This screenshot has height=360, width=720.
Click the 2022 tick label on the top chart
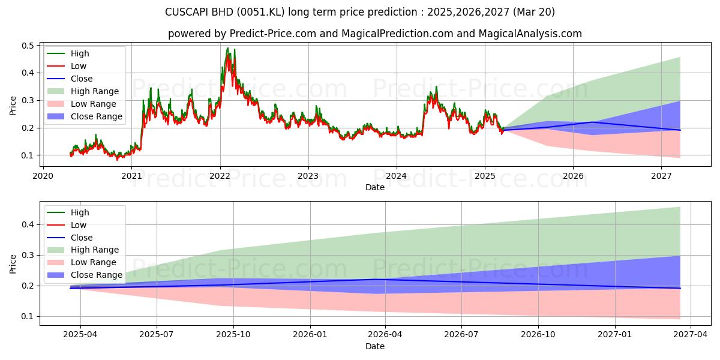click(x=220, y=176)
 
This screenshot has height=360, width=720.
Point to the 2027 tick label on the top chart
click(x=661, y=176)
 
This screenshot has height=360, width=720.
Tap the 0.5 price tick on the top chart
click(x=28, y=46)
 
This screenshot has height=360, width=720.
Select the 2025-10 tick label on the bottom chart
click(x=233, y=334)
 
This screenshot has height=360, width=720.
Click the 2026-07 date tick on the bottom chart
click(x=461, y=334)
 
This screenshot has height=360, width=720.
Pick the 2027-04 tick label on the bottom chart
click(x=691, y=334)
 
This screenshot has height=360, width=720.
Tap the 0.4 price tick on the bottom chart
click(x=28, y=224)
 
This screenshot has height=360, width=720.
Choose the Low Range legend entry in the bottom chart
click(x=82, y=262)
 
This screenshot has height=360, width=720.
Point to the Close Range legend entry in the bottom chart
click(x=85, y=275)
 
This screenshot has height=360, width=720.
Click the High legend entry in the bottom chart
click(x=68, y=212)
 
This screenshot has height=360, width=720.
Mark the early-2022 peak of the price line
click(x=228, y=48)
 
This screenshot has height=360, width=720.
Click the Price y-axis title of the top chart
click(x=13, y=106)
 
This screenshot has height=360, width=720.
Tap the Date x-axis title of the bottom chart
click(x=375, y=346)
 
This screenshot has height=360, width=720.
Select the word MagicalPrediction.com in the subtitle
click(x=397, y=34)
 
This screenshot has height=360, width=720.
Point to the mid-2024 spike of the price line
click(x=436, y=87)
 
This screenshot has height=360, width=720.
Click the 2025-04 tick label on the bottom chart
click(x=80, y=334)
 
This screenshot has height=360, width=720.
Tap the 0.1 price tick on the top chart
click(x=28, y=155)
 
